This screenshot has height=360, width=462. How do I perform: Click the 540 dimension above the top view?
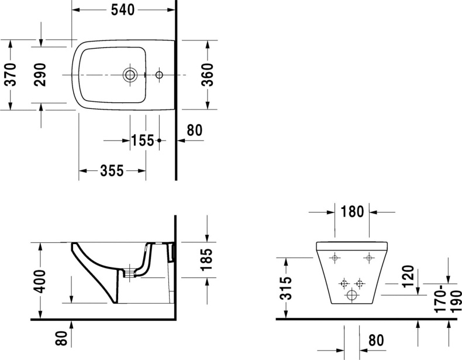(123, 10)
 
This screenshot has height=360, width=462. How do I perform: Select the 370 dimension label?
(11, 74)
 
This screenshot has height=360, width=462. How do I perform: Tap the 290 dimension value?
(40, 74)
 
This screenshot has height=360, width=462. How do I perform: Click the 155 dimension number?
(142, 140)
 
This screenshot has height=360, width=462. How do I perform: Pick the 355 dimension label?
(112, 170)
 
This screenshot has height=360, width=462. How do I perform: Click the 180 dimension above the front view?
(352, 211)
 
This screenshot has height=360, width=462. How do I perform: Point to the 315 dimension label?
(285, 289)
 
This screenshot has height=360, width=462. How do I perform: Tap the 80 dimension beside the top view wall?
(194, 129)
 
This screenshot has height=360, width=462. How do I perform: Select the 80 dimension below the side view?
(62, 338)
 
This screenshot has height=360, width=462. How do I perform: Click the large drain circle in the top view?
(130, 75)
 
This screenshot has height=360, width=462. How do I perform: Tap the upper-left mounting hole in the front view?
(334, 258)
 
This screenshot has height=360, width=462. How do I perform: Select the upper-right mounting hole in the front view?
(369, 258)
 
